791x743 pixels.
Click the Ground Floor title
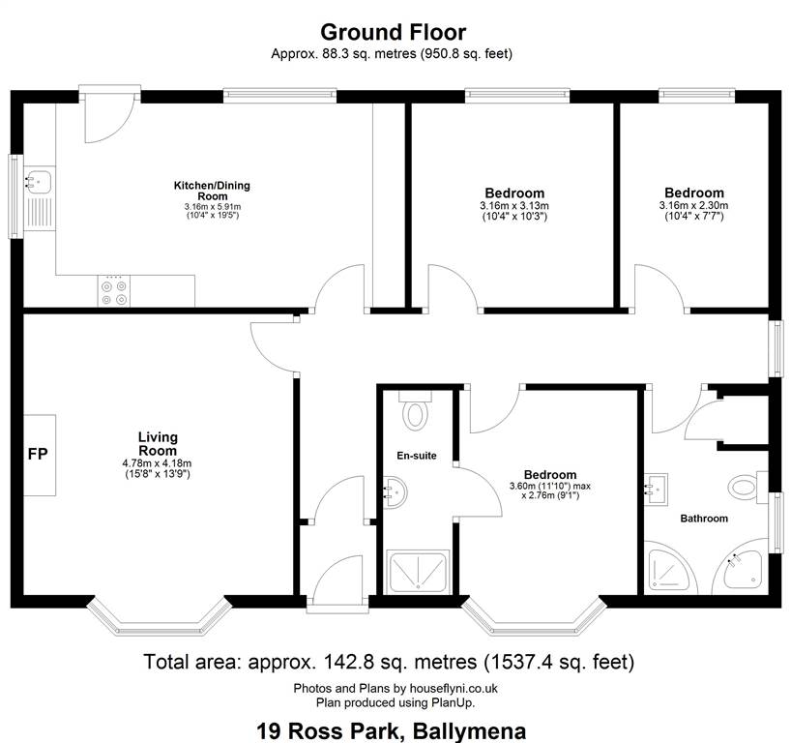click(393, 32)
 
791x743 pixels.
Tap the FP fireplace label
click(38, 455)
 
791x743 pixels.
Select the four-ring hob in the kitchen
click(114, 291)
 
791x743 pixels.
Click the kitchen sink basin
click(39, 181)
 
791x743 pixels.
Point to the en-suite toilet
click(415, 411)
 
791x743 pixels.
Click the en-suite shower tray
click(417, 571)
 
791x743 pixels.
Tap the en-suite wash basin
click(395, 492)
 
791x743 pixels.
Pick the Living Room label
click(158, 444)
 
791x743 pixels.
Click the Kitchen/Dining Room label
click(212, 191)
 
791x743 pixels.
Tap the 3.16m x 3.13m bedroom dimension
click(514, 206)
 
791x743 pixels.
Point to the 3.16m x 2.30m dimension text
click(693, 206)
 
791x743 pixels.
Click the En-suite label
click(417, 456)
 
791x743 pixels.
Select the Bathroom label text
click(704, 519)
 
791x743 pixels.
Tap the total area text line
click(389, 662)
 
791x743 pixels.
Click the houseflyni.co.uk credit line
click(395, 688)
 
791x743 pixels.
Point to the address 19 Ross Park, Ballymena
click(392, 730)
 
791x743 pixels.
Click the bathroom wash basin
click(657, 490)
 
